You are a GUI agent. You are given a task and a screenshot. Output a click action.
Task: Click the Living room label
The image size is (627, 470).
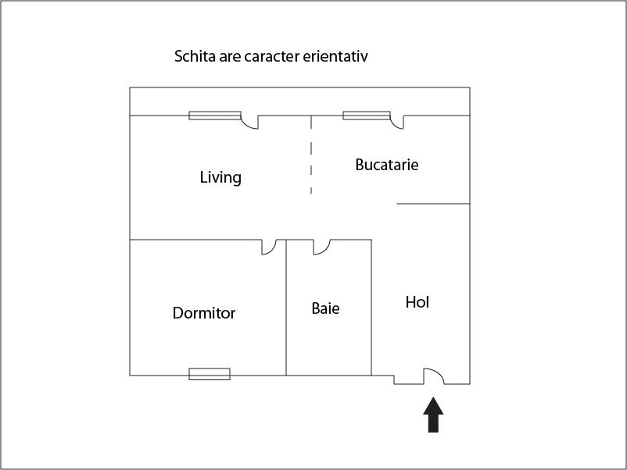(x=220, y=177)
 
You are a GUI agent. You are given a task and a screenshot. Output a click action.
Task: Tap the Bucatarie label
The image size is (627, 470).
(x=387, y=165)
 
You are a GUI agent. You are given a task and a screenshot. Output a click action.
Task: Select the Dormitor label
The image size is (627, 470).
(x=204, y=312)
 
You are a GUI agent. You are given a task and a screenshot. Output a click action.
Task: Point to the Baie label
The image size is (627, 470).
(x=325, y=308)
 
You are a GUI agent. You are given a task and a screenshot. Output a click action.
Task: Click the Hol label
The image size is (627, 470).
(x=417, y=302)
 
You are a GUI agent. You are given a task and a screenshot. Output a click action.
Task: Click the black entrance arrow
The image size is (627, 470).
(x=433, y=415)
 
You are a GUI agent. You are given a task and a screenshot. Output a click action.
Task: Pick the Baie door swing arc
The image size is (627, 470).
(x=325, y=251)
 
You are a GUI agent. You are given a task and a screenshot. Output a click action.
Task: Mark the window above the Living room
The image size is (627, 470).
(x=215, y=116)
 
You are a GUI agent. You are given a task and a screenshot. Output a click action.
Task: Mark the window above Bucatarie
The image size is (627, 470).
(x=367, y=116)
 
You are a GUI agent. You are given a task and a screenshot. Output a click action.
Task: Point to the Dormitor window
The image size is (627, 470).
(x=210, y=374)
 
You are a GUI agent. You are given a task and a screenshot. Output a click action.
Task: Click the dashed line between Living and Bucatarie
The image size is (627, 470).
(x=311, y=155)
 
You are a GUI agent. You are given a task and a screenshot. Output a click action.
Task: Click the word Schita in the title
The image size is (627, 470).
(x=195, y=56)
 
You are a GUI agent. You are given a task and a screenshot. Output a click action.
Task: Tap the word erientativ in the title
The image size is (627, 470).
(x=335, y=56)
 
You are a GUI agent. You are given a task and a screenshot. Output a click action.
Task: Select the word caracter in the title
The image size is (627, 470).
(x=271, y=56)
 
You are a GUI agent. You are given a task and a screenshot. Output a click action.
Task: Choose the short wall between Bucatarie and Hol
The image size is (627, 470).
(x=433, y=204)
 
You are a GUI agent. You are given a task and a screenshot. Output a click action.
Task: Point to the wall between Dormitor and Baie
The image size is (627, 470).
(x=286, y=308)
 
